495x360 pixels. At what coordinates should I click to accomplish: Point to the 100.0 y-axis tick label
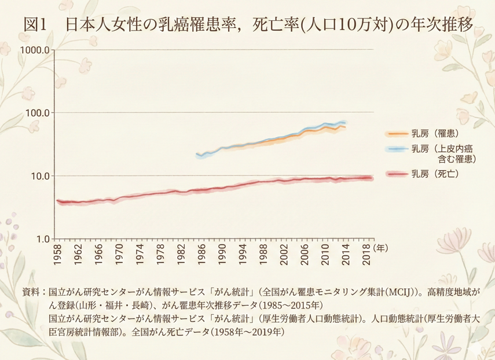pyautogui.click(x=36, y=112)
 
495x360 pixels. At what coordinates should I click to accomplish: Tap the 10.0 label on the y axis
pyautogui.click(x=39, y=175)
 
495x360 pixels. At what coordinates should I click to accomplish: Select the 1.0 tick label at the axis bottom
pyautogui.click(x=41, y=238)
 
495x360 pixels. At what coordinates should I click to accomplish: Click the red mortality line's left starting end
pyautogui.click(x=57, y=201)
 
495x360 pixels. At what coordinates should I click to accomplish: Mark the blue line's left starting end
pyautogui.click(x=198, y=155)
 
